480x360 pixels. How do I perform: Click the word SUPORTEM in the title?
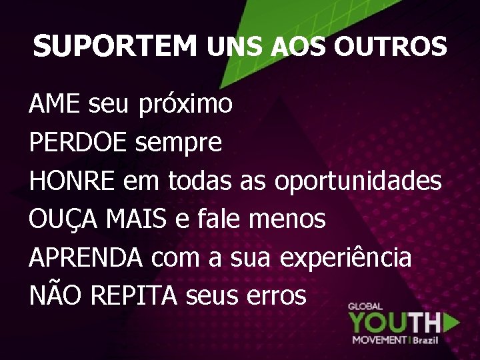(x=115, y=47)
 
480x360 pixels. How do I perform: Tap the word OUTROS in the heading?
(x=390, y=47)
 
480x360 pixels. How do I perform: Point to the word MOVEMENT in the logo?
(x=379, y=340)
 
